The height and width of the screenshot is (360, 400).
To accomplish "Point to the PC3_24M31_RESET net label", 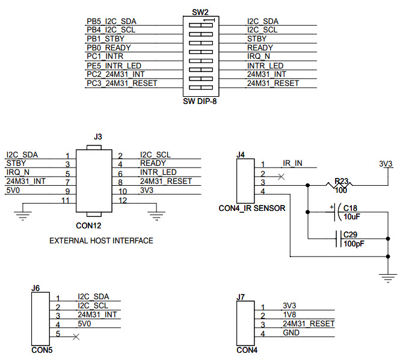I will [122, 83].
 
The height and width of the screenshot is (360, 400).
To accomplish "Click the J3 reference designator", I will [98, 137].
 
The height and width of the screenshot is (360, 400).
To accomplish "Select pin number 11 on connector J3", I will [67, 200].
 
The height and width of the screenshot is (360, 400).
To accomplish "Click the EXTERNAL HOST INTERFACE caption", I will [101, 240].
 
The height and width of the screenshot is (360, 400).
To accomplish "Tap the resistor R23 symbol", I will [341, 184].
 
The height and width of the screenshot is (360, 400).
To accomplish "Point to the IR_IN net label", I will [292, 163].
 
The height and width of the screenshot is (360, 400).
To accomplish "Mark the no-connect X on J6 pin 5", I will [76, 337].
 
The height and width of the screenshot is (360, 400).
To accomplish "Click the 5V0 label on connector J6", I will [85, 324].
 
